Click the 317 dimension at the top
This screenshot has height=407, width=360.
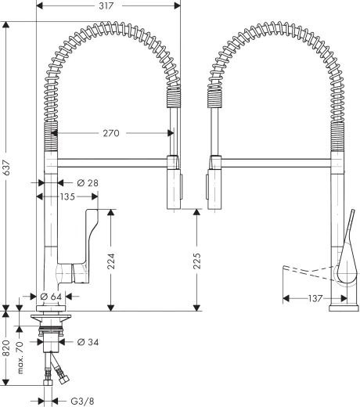coord(107,6)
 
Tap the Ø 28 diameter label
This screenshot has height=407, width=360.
coord(87,182)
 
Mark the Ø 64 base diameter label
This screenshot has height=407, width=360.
coord(50,297)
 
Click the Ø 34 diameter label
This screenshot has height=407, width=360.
coord(88,342)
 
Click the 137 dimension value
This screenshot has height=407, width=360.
coord(315,298)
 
